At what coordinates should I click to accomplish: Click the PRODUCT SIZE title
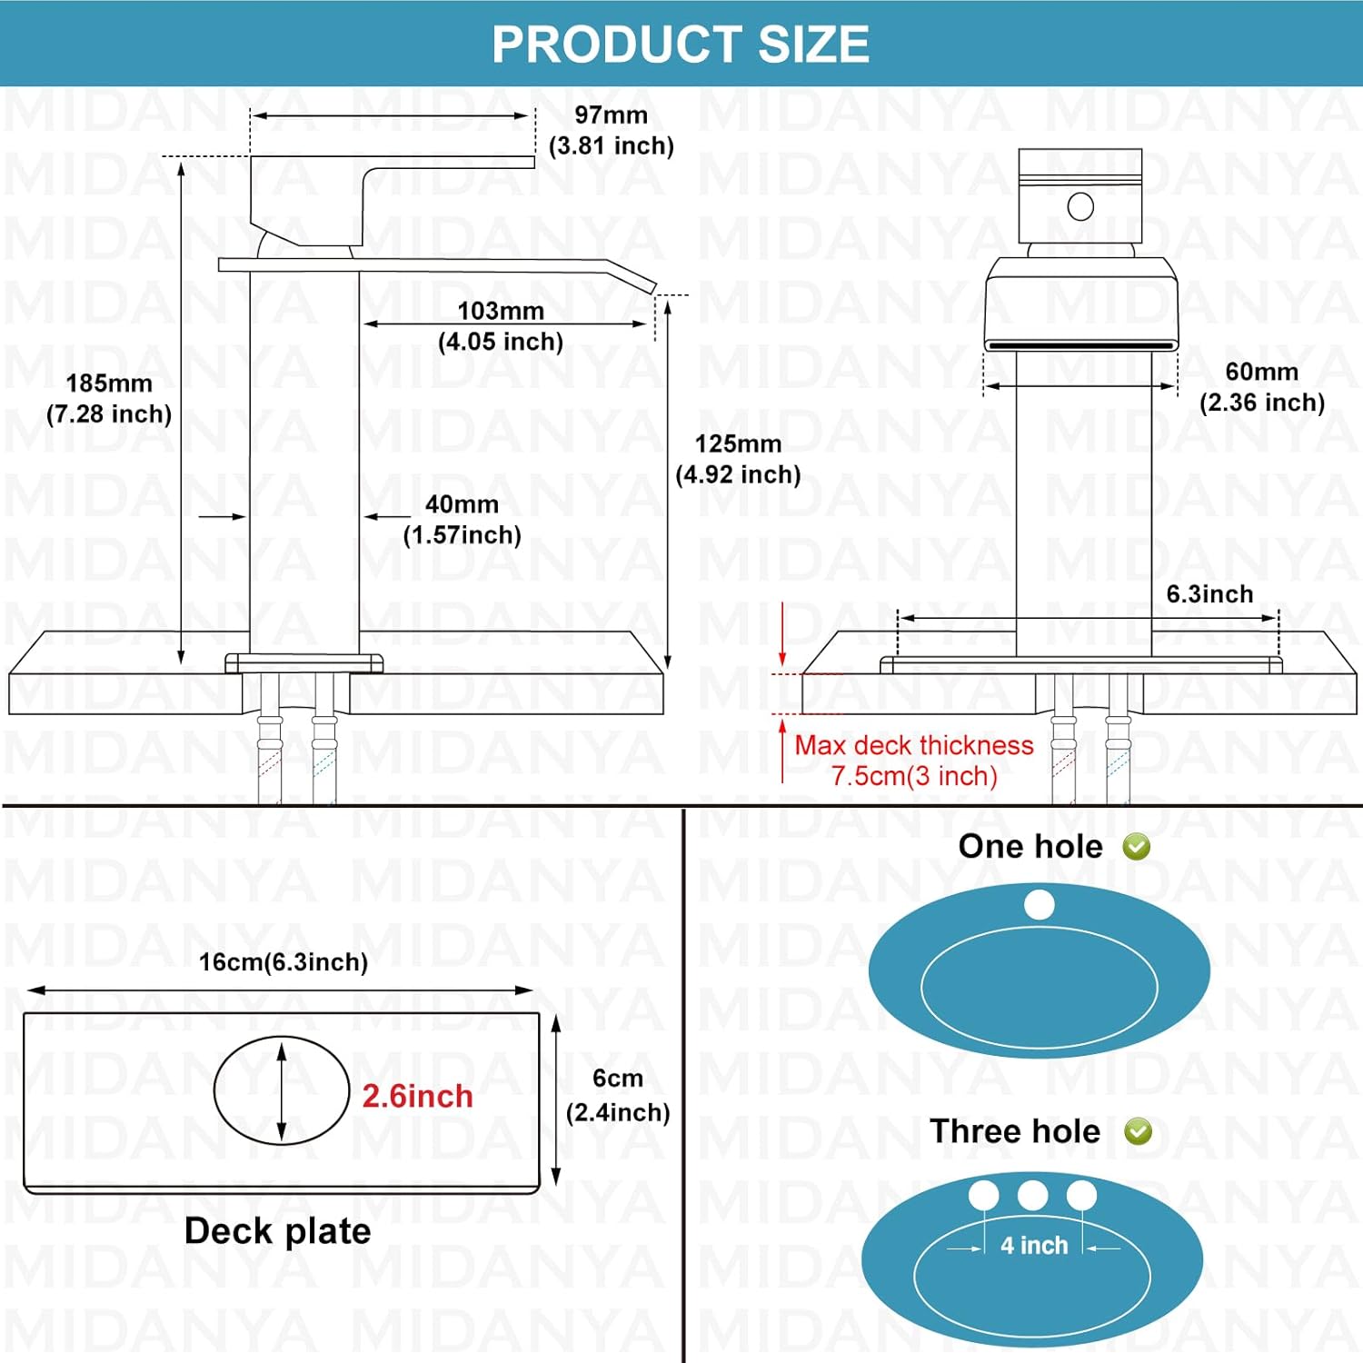[x=681, y=44]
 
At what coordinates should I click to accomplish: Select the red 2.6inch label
[x=417, y=1096]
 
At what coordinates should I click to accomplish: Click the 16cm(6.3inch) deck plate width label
[x=284, y=962]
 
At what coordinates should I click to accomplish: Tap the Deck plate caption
[x=277, y=1231]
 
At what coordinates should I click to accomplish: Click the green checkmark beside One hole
[x=1137, y=847]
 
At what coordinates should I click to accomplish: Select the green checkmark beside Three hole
[x=1138, y=1131]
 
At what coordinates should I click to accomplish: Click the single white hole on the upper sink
[x=1039, y=904]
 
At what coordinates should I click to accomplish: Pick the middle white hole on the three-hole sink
[x=1032, y=1195]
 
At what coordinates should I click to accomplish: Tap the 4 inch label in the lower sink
[x=1034, y=1246]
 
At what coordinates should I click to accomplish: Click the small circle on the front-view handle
[x=1080, y=207]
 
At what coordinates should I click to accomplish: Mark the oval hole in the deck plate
[x=282, y=1090]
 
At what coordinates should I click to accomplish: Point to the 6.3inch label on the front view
[x=1209, y=594]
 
